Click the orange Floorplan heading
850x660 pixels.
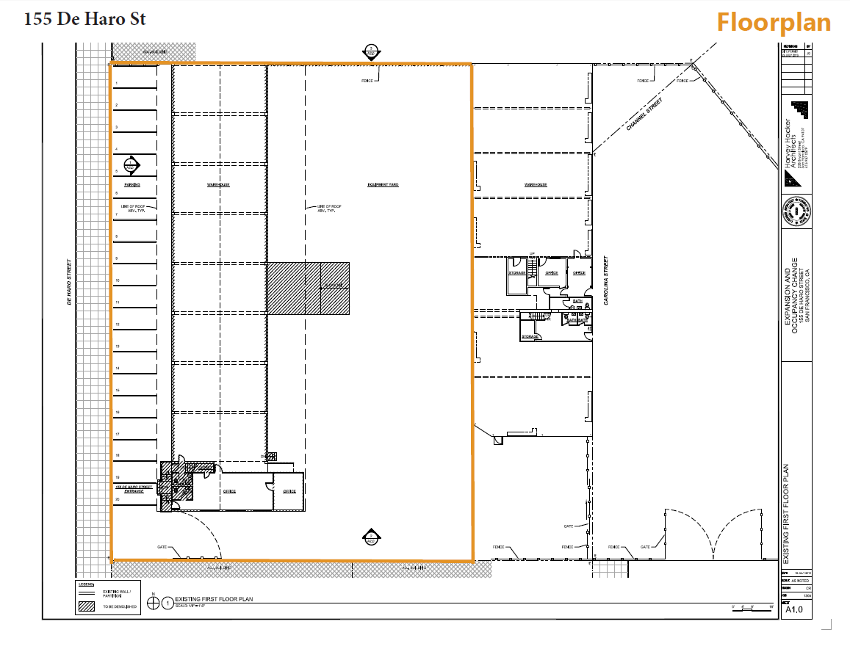tap(774, 23)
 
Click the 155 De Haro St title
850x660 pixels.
tap(85, 20)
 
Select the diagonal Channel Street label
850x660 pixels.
tap(644, 115)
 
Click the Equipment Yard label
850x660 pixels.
tap(383, 185)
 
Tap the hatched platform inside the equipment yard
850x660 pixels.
tap(307, 288)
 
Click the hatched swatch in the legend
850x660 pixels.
tap(87, 607)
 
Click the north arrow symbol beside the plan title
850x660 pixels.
tap(153, 603)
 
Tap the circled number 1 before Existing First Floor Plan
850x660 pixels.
tap(168, 603)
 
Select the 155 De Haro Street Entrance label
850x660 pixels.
tap(133, 488)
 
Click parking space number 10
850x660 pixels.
tap(117, 281)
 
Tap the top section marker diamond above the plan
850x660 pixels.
tap(372, 53)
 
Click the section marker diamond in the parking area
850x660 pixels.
tap(132, 165)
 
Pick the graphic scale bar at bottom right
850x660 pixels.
tap(751, 608)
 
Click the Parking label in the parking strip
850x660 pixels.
tap(132, 185)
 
